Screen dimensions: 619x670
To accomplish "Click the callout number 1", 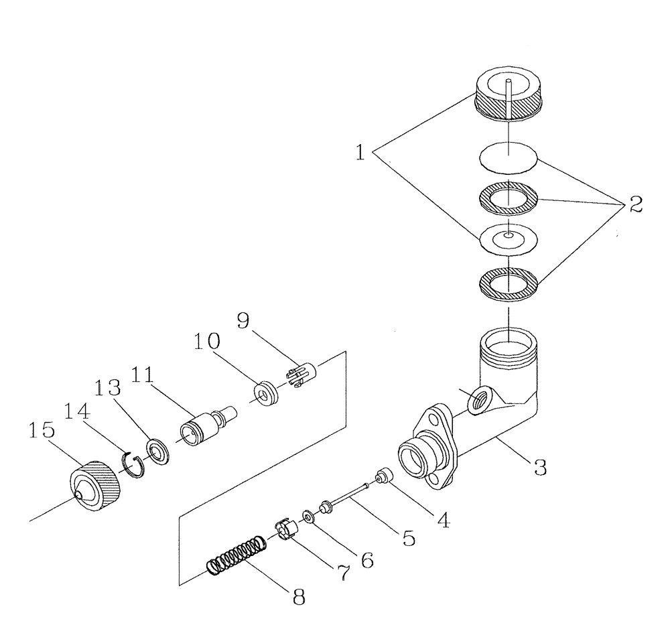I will pos(360,153).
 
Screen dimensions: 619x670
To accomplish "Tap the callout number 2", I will pos(634,204).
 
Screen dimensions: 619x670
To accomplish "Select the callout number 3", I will pos(538,467).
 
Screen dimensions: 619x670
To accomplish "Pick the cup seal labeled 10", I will pos(267,393).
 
